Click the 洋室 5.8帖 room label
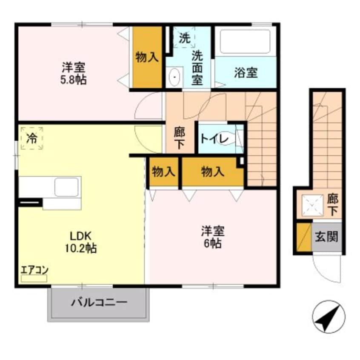tap(74, 73)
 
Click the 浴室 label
tap(246, 72)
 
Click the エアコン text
tap(35, 269)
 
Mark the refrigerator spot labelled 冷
tap(31, 138)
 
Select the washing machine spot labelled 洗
tap(184, 38)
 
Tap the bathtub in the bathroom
tap(246, 41)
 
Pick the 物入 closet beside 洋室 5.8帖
tap(147, 57)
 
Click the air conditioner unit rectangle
tap(34, 278)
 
